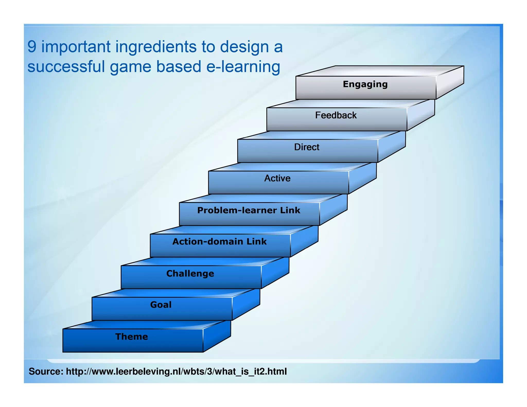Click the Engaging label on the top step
365,85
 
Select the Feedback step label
336,115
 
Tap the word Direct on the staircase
306,147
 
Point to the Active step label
277,178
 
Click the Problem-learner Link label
249,210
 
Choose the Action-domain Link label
219,242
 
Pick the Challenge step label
190,273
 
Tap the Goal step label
161,305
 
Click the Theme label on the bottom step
131,337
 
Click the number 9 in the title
32,47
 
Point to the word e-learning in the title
243,67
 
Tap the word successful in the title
66,67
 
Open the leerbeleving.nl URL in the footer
176,371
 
